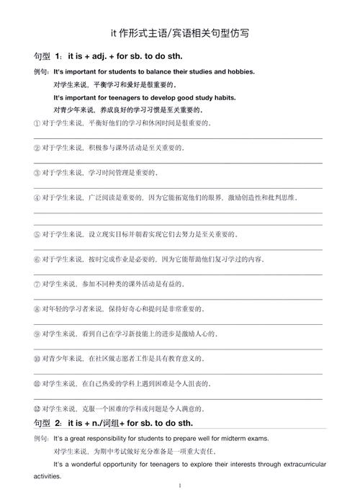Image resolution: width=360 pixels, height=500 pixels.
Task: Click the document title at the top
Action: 180,33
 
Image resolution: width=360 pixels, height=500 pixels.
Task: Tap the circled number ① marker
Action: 37,122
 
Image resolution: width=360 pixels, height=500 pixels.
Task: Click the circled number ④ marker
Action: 37,197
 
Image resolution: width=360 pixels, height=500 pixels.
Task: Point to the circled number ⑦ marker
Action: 37,284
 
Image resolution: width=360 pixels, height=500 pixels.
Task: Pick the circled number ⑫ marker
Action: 37,409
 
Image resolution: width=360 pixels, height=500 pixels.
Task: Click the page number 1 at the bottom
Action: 179,487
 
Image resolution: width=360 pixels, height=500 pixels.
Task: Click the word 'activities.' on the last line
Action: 49,476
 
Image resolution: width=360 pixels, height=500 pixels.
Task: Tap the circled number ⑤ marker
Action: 37,234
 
